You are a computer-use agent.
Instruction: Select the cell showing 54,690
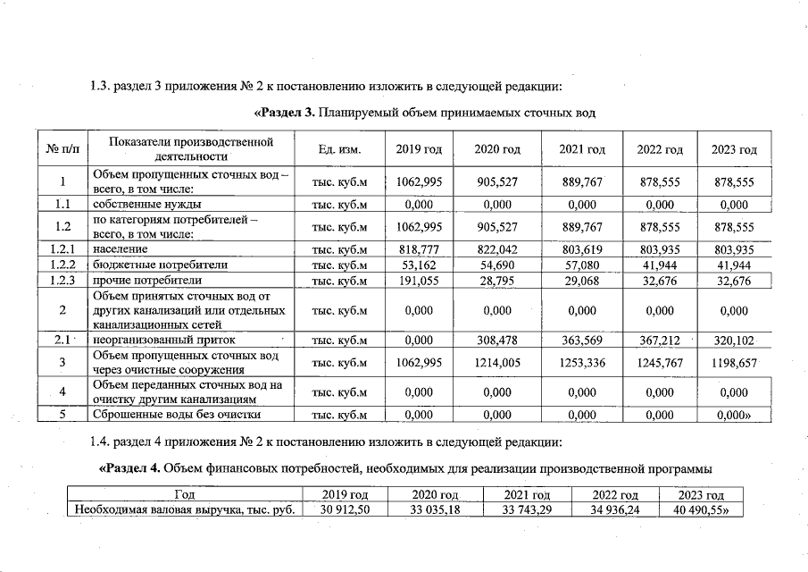(497, 265)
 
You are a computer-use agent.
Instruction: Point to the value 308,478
(497, 340)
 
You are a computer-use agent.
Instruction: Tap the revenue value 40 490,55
(702, 509)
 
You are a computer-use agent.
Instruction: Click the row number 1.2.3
(62, 281)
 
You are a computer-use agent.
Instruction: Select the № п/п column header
(61, 149)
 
